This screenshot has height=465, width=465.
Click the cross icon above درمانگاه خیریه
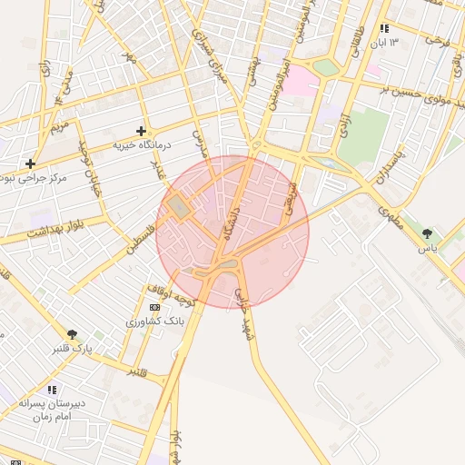141,132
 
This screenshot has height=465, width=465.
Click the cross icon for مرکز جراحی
31,164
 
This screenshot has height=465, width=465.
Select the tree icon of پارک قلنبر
73,335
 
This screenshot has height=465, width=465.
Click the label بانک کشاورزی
154,322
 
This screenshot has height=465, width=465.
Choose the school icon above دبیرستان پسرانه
52,390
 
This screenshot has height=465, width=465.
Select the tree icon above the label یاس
427,233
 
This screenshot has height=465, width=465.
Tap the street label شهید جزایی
245,315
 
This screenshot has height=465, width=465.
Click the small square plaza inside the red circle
178,207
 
